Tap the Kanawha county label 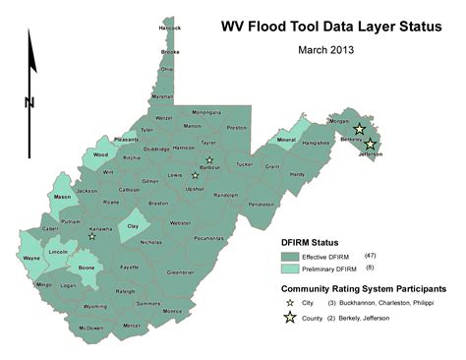[99, 230]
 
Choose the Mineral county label [286, 141]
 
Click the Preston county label [237, 128]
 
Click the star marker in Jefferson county [370, 145]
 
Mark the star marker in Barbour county [208, 159]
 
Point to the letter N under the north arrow [30, 101]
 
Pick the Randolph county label [226, 195]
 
